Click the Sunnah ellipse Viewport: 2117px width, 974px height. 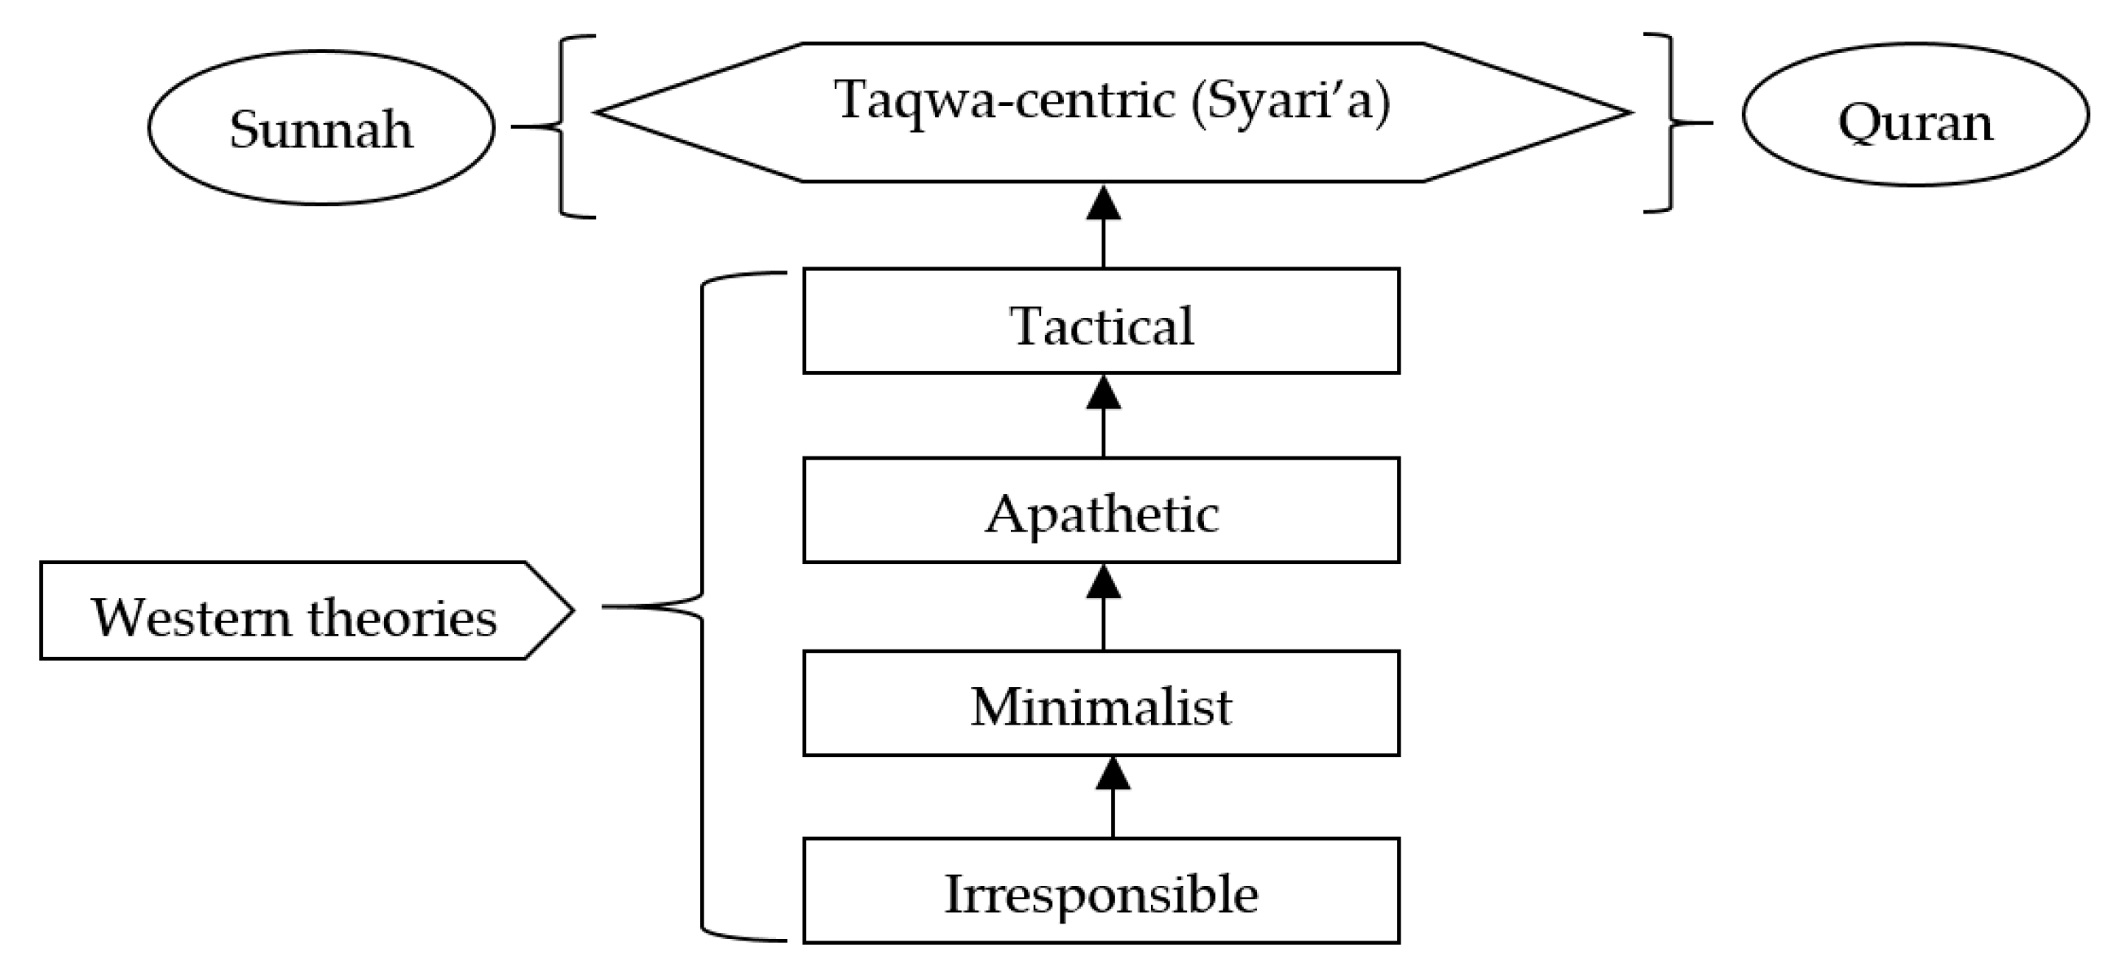pos(321,127)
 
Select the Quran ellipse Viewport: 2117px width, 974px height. pos(1915,115)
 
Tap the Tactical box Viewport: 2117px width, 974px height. pos(1101,321)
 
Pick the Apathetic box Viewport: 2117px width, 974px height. pos(1101,510)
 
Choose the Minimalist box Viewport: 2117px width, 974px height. pos(1101,703)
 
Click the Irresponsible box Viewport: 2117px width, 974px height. pos(1101,891)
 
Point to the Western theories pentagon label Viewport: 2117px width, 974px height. pos(296,610)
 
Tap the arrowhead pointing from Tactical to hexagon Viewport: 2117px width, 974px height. pos(1103,204)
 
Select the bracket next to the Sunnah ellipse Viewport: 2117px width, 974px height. pos(562,126)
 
